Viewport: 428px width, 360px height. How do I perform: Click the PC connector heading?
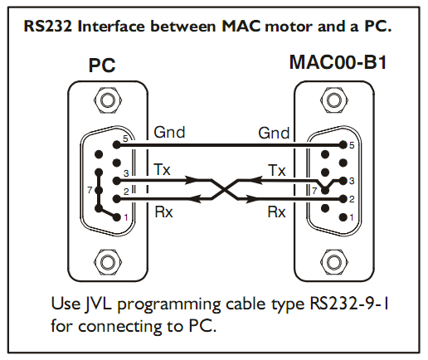(102, 66)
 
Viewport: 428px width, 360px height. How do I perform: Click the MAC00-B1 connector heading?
(338, 62)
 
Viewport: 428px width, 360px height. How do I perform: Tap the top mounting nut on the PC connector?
(108, 100)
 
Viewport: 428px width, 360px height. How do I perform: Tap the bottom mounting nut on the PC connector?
(108, 262)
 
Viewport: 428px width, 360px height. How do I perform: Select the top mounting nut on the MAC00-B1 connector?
(333, 100)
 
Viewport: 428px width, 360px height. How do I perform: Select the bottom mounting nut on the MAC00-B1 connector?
(333, 262)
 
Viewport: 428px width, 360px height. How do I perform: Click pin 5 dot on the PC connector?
(117, 144)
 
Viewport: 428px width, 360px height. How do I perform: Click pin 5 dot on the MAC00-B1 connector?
(343, 144)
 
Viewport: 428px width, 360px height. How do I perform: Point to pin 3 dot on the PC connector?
(117, 181)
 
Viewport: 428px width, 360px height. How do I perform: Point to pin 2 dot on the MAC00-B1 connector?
(343, 199)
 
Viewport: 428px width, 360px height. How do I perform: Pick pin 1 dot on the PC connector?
(117, 217)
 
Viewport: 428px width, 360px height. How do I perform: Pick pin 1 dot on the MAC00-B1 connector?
(343, 217)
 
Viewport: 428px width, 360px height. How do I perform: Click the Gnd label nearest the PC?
(169, 132)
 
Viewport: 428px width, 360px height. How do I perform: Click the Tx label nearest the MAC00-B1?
(276, 170)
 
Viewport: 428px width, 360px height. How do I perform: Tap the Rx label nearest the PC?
(163, 212)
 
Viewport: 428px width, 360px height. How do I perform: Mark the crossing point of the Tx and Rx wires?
(225, 190)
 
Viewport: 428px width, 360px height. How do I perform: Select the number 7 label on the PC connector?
(90, 190)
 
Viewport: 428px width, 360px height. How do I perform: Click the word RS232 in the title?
(47, 27)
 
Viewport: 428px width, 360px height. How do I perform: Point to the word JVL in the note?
(100, 304)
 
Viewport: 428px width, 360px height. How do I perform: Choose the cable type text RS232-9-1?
(349, 304)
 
